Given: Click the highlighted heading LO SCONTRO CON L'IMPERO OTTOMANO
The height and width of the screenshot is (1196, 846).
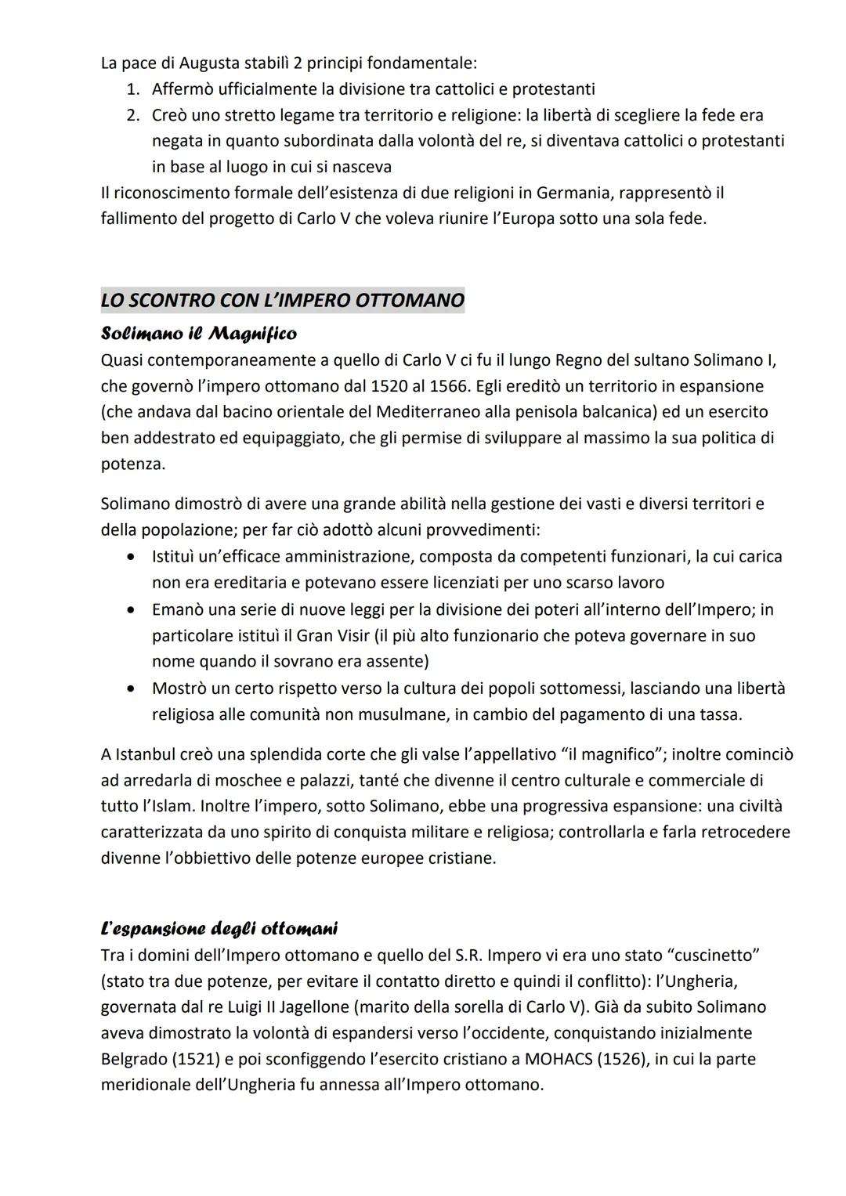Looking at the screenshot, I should [282, 300].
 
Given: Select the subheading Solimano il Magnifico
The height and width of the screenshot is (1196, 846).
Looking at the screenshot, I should [199, 334].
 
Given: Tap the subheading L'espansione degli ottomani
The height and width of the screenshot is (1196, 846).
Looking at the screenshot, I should [219, 929].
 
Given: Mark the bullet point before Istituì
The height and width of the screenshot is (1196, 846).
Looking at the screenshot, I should [135, 557].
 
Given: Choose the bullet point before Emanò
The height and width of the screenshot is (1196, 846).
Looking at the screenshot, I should [135, 609].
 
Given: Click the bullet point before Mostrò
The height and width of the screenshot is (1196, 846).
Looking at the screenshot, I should [135, 688].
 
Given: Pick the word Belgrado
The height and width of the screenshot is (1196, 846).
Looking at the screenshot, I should [134, 1059].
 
